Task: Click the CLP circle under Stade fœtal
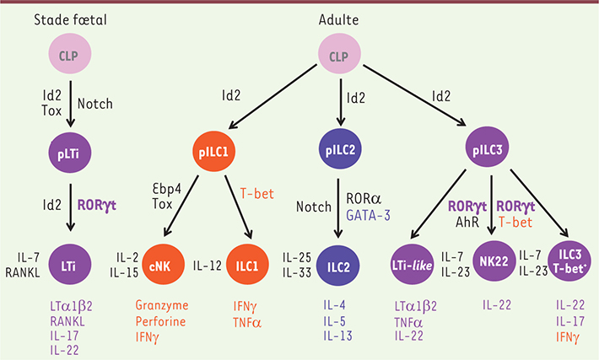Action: pos(69,53)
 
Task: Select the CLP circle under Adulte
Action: pos(339,53)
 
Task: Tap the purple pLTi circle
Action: pos(69,153)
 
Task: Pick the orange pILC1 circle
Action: pos(213,152)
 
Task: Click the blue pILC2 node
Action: pos(340,149)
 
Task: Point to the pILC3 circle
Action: pos(487,147)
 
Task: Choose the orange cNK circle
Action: pos(163,264)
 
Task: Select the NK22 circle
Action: pos(494,261)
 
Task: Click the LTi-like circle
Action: pos(413,264)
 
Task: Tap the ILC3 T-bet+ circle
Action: pos(569,261)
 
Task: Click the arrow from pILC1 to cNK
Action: pos(181,206)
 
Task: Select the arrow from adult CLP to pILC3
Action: pos(414,95)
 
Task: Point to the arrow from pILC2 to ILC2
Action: pos(338,208)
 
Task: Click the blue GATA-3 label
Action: pos(369,216)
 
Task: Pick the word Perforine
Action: pos(160,321)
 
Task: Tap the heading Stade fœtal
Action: pos(70,19)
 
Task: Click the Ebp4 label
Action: pos(167,189)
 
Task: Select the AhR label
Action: pos(467,222)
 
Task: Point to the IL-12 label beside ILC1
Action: pos(207,266)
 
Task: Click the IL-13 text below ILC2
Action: pos(337,336)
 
